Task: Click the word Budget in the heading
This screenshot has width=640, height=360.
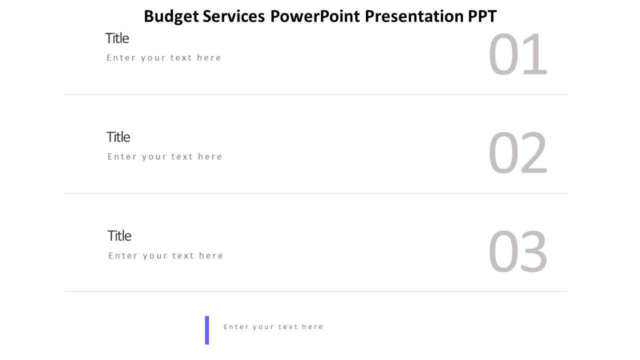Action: click(171, 17)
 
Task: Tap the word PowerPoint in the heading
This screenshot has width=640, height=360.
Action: click(315, 16)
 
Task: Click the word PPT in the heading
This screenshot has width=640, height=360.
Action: click(482, 16)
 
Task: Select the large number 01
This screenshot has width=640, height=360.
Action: click(517, 54)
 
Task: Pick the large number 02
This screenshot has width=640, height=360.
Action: click(517, 153)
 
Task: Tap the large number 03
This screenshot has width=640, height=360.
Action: click(517, 251)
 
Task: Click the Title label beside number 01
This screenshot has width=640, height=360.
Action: click(117, 38)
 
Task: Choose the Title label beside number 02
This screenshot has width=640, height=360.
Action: click(118, 137)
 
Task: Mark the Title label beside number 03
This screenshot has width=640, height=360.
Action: click(119, 236)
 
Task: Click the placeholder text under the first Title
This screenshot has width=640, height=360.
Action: click(164, 57)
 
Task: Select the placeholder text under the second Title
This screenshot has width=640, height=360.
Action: click(165, 156)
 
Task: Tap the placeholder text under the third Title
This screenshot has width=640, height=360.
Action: click(166, 255)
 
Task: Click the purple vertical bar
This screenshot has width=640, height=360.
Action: click(207, 330)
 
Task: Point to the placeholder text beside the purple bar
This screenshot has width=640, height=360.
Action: click(273, 327)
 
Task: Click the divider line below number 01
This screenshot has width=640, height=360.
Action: click(316, 94)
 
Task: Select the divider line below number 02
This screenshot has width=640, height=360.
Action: click(316, 193)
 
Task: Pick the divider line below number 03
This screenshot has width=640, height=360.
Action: click(316, 291)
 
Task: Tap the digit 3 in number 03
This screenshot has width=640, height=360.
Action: click(533, 251)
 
